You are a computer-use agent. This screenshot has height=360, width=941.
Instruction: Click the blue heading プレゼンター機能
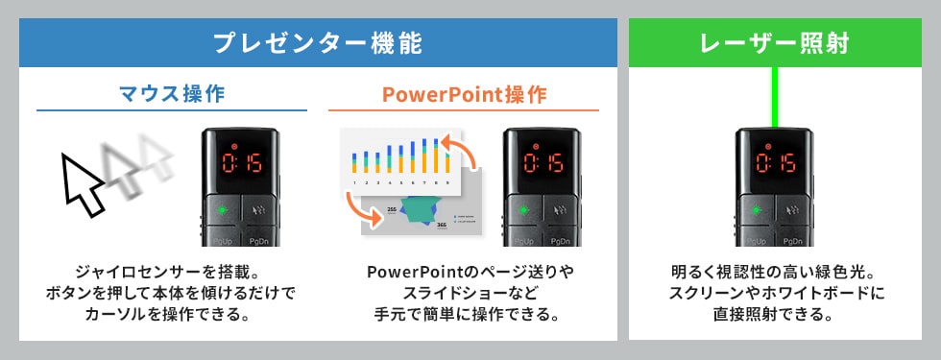point(318,43)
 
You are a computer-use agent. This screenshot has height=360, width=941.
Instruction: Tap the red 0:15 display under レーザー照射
point(773,161)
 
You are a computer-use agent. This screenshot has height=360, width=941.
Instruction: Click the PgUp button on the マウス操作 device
point(219,240)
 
